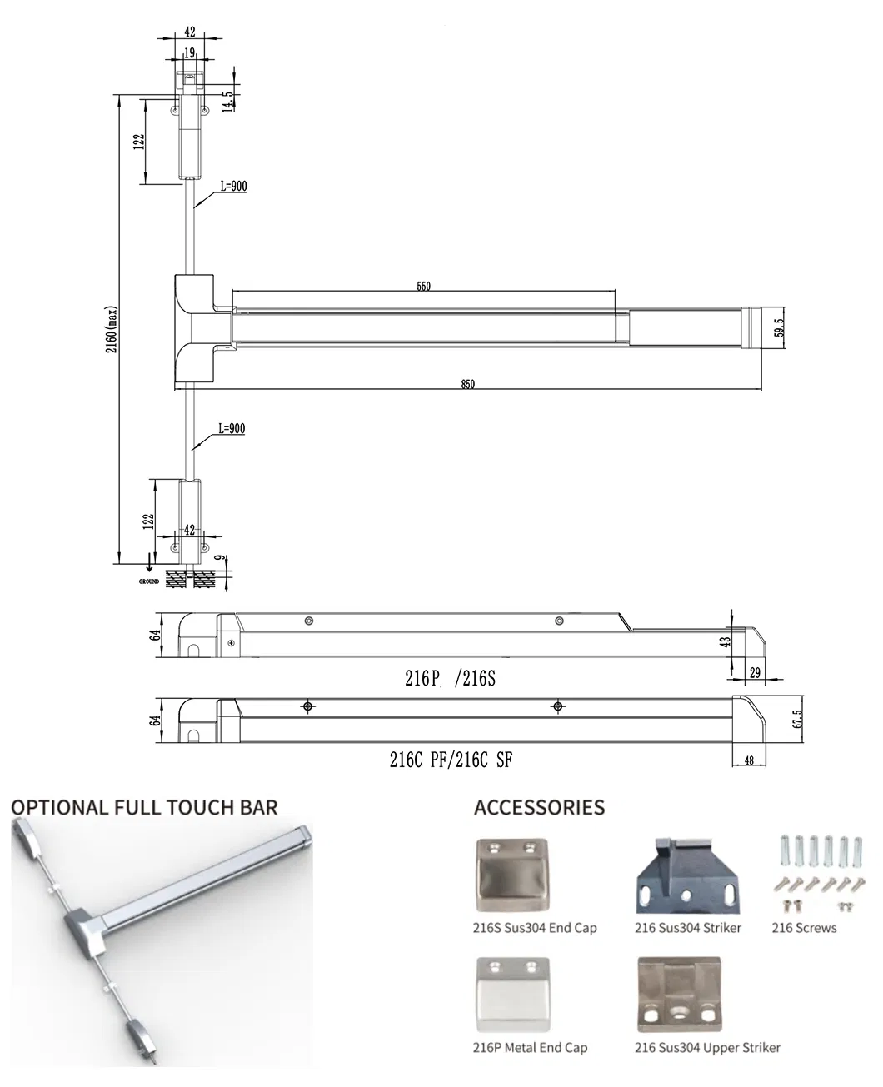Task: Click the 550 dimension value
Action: (423, 286)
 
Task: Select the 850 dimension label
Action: (467, 384)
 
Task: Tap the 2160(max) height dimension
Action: (112, 329)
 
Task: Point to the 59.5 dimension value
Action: (778, 327)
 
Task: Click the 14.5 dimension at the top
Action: (227, 102)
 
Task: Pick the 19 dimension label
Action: (189, 52)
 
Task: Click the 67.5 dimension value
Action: (798, 719)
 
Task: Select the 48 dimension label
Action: (749, 760)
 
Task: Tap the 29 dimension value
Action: (755, 673)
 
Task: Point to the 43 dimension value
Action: (725, 641)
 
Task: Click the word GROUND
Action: (149, 581)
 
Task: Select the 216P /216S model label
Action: (450, 678)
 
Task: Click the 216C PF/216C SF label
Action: (451, 760)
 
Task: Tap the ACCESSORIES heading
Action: (540, 808)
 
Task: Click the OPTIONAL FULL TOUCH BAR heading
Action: (144, 808)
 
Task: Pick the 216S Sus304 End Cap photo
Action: (512, 875)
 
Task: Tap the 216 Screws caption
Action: (804, 928)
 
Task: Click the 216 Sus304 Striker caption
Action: (687, 928)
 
